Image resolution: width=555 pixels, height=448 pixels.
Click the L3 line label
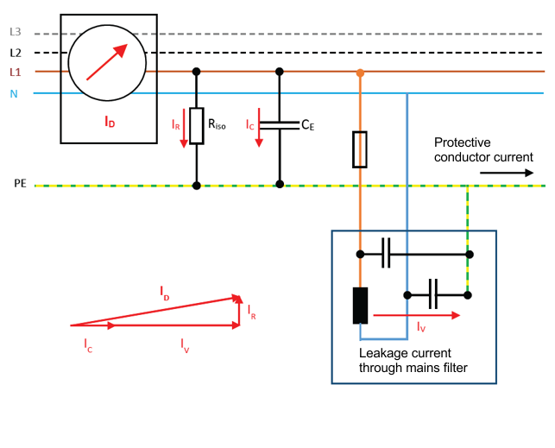15,32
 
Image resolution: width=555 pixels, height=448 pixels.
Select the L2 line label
15,52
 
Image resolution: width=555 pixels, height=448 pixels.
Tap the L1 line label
15,72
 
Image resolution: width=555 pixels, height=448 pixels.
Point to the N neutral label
14,93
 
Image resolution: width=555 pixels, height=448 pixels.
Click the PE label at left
20,184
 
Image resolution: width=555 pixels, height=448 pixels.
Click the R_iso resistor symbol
197,126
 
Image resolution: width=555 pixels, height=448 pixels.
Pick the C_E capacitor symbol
279,125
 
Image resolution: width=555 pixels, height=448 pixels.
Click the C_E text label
306,124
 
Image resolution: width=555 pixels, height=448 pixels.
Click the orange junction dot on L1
360,73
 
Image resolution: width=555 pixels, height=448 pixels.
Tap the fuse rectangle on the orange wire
360,149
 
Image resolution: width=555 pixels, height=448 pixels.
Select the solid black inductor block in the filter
361,305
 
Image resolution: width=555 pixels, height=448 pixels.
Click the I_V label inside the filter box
421,327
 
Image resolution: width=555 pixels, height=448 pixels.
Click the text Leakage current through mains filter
413,360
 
